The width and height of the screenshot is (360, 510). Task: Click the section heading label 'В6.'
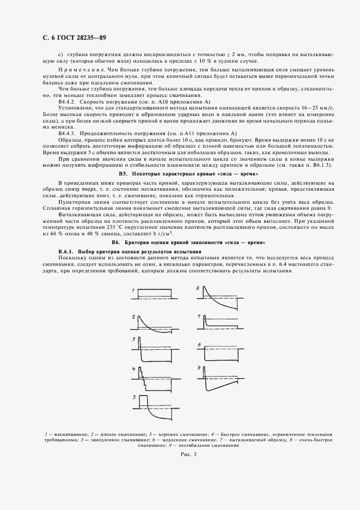[115, 241]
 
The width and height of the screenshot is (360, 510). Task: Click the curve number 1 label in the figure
[133, 292]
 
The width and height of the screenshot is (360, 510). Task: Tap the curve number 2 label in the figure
[133, 317]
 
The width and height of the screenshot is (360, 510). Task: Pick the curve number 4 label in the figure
[133, 369]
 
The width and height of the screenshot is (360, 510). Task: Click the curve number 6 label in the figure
[198, 287]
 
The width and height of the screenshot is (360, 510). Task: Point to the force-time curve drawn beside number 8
[223, 352]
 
